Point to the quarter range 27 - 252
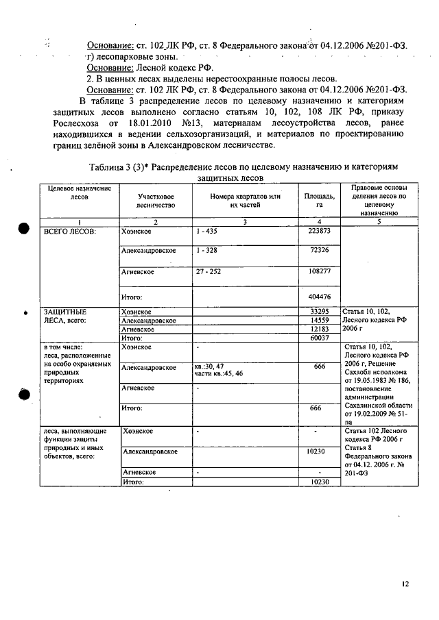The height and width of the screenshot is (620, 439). click(209, 272)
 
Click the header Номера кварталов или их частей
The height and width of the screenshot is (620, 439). click(246, 200)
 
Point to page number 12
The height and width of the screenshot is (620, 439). click(405, 584)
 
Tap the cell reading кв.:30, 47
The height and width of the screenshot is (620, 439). click(209, 367)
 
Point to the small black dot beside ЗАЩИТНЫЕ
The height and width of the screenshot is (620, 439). click(25, 313)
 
